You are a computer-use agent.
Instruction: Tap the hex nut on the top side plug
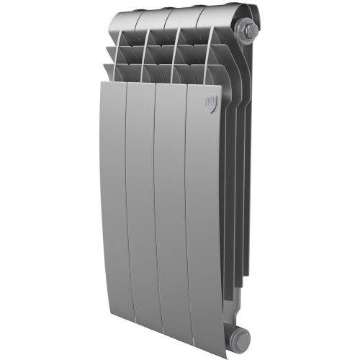pos(253,31)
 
